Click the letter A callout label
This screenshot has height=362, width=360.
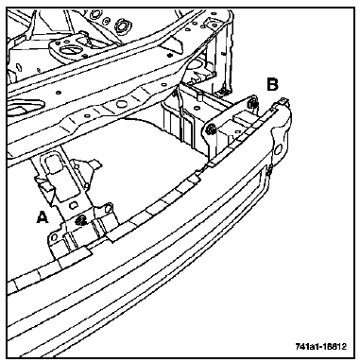pyautogui.click(x=43, y=217)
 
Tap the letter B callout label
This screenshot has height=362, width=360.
pyautogui.click(x=272, y=84)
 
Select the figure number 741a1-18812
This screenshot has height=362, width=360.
pyautogui.click(x=321, y=346)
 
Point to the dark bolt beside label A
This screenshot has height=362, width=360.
pyautogui.click(x=81, y=219)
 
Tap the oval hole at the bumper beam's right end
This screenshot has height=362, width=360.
pyautogui.click(x=278, y=149)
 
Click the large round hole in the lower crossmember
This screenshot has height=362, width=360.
pyautogui.click(x=120, y=103)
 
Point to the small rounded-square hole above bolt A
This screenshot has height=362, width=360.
pyautogui.click(x=73, y=205)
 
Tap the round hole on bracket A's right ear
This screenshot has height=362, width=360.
pyautogui.click(x=108, y=208)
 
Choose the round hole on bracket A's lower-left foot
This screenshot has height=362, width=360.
pyautogui.click(x=54, y=236)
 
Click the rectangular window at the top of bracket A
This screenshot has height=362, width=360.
pyautogui.click(x=52, y=164)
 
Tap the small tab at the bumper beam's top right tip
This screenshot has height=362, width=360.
pyautogui.click(x=283, y=100)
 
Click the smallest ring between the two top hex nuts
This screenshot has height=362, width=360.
pyautogui.click(x=107, y=21)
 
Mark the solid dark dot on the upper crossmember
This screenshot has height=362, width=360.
pyautogui.click(x=170, y=56)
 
